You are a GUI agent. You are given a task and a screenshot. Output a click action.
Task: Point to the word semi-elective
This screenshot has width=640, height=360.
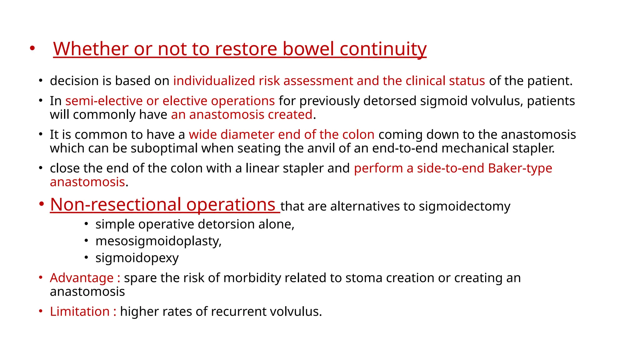point(104,101)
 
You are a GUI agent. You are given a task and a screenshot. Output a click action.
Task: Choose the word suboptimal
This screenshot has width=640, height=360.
point(164,148)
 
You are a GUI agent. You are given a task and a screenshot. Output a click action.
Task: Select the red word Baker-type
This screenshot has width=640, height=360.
point(520,168)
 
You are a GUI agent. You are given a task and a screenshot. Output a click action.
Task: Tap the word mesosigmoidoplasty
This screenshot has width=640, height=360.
point(158,241)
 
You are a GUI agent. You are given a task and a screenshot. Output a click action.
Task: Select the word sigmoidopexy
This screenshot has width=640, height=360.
point(137,258)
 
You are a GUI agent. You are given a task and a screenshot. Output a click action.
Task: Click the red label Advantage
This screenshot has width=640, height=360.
point(82,278)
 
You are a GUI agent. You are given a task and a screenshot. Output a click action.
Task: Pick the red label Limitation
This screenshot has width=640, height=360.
point(80,312)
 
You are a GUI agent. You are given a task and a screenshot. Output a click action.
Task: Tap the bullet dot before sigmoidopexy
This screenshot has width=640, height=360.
point(87,257)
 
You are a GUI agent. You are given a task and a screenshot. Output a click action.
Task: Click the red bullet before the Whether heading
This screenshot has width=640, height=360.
point(32,48)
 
